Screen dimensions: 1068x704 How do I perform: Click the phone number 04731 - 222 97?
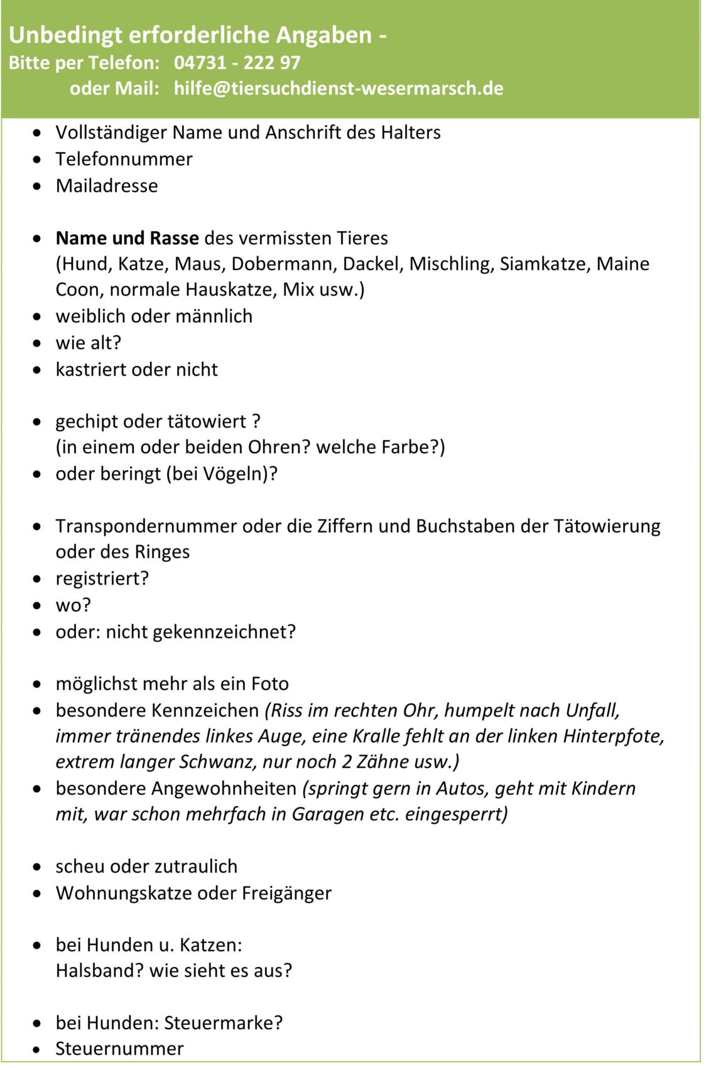[x=237, y=63]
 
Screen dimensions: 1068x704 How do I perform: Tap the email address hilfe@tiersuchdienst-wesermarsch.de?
[x=338, y=88]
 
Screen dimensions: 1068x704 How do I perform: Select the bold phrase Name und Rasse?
[x=127, y=238]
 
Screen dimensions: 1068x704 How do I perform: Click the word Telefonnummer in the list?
[x=124, y=159]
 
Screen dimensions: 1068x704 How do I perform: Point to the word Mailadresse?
[x=107, y=186]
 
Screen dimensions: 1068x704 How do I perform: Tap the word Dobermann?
[x=284, y=264]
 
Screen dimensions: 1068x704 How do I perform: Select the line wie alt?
[x=88, y=343]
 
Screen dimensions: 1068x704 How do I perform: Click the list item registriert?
[x=102, y=578]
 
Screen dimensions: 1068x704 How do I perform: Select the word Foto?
[x=270, y=684]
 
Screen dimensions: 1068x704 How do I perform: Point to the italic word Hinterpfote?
[x=612, y=736]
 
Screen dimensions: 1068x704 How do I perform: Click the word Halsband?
[x=99, y=971]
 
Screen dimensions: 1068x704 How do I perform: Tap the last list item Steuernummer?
[x=119, y=1049]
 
